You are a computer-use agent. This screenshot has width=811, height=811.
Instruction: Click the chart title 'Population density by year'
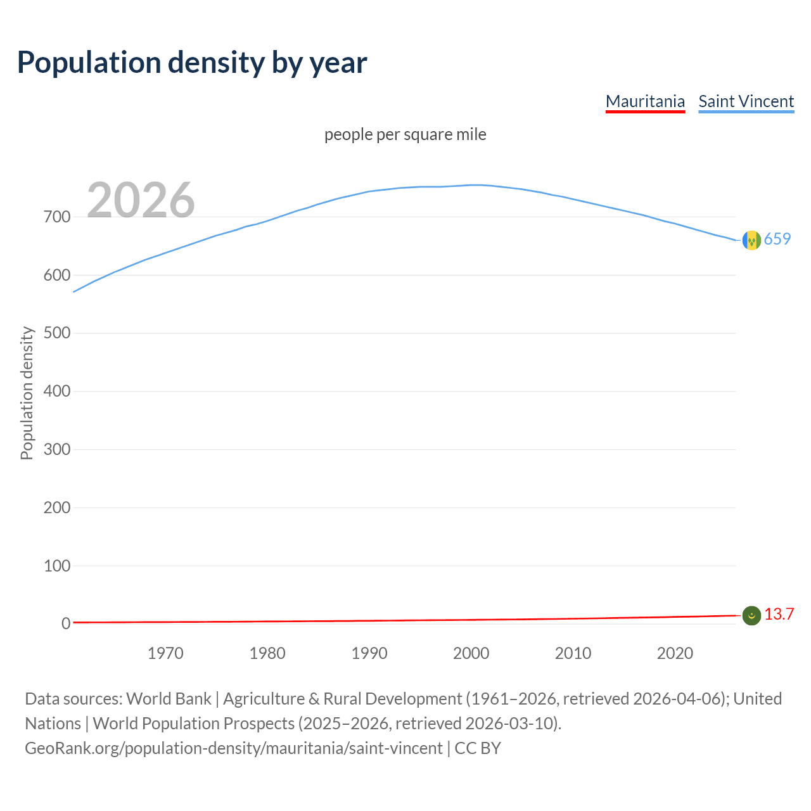click(x=192, y=63)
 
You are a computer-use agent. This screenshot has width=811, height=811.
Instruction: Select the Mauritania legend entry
click(x=645, y=101)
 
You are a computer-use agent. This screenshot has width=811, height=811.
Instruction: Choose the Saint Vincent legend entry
click(x=746, y=101)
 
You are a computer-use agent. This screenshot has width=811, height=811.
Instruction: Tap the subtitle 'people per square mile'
click(x=405, y=135)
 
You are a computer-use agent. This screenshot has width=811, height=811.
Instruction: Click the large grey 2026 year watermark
click(x=141, y=200)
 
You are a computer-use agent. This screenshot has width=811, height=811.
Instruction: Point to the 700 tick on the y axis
click(x=57, y=217)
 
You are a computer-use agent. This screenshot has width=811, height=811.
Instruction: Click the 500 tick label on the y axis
click(x=57, y=333)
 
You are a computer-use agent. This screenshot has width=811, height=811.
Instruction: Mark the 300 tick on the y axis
click(x=57, y=450)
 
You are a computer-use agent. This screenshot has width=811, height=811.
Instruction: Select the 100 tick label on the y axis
click(x=57, y=566)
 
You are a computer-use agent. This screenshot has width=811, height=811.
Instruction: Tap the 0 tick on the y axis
click(x=66, y=624)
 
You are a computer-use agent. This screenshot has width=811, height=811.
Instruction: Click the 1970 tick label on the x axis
click(x=165, y=653)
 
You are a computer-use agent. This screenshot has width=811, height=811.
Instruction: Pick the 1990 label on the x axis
click(x=369, y=653)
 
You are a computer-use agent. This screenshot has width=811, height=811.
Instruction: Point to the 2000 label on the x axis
click(x=471, y=653)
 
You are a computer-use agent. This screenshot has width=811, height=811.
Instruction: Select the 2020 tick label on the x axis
click(x=675, y=653)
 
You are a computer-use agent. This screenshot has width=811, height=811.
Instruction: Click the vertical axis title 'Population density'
click(x=27, y=393)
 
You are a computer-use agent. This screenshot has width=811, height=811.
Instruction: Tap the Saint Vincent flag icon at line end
click(x=751, y=240)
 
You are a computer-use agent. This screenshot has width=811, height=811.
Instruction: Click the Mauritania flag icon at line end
click(x=751, y=615)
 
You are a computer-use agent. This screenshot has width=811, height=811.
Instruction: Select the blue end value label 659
click(x=777, y=239)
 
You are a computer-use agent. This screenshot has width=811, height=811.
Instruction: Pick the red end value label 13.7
click(x=779, y=615)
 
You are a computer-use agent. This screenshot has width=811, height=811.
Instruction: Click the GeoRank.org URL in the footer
click(x=234, y=748)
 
